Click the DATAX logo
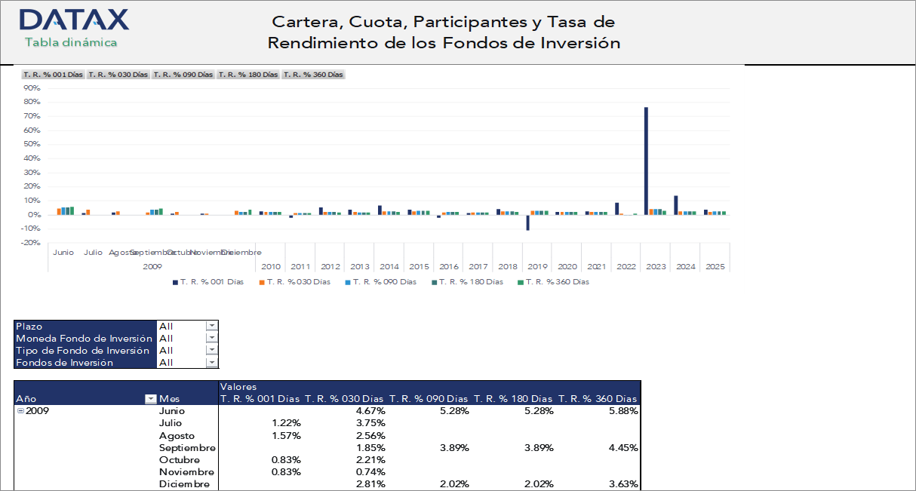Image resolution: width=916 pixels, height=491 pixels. tap(73, 20)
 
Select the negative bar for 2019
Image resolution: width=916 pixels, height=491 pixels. tap(528, 222)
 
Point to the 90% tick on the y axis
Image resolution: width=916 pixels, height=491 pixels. tap(32, 87)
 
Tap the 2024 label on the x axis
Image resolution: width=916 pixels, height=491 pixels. tap(685, 266)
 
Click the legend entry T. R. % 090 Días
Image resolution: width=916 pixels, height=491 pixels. tap(381, 282)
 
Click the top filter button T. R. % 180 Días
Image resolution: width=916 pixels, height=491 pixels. tap(248, 75)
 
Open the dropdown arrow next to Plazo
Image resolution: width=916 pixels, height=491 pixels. tap(211, 326)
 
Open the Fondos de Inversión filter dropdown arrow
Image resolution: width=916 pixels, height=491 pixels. tap(211, 362)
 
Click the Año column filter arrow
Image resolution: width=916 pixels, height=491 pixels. tap(151, 399)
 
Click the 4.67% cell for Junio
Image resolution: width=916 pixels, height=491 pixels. tap(370, 411)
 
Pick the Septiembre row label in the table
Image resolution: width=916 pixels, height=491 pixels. tap(187, 447)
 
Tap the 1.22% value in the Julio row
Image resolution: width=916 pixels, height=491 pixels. tap(286, 423)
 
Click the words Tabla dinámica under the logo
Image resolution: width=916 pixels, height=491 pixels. tap(71, 42)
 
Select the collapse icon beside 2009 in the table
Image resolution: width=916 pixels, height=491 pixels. tap(20, 411)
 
